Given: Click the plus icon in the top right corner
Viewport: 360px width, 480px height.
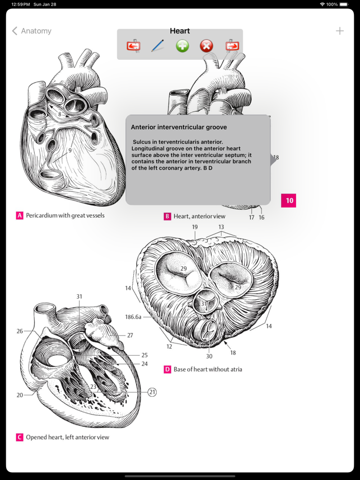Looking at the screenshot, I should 340,31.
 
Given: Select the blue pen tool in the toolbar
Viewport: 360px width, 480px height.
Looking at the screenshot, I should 158,46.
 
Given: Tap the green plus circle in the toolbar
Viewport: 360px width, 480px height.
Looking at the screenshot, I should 183,46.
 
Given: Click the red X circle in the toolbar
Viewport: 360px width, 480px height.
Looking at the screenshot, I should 207,46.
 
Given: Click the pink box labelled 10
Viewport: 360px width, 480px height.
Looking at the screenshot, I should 289,200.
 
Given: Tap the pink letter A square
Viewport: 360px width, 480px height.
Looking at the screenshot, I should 20,215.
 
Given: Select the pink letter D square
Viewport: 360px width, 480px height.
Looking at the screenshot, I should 167,369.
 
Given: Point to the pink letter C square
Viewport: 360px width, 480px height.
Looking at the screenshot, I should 20,437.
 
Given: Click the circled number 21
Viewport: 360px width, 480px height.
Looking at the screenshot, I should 152,392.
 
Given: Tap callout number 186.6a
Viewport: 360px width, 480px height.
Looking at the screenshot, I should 133,317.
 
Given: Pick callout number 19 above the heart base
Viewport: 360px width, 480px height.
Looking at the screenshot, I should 195,227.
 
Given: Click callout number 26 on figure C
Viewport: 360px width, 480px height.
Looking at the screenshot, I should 20,331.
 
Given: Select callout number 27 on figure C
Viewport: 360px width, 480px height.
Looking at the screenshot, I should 130,336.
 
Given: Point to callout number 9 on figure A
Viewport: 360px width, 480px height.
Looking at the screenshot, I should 70,150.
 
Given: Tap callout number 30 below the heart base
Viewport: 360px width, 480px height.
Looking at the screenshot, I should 209,356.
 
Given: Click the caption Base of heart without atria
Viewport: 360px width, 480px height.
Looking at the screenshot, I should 208,369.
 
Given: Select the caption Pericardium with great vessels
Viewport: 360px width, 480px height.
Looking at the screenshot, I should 65,215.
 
